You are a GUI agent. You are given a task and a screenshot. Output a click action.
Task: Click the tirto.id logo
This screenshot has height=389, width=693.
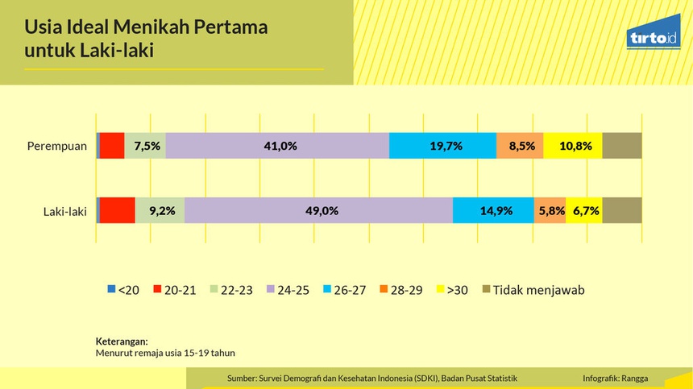[x=652, y=38]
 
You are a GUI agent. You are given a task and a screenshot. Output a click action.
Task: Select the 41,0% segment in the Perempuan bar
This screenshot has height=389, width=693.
[x=277, y=146]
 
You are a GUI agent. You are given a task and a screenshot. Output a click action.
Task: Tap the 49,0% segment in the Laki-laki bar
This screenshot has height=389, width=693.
[x=318, y=211]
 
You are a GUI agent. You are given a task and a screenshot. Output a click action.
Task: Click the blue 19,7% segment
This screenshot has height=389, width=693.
[x=442, y=146]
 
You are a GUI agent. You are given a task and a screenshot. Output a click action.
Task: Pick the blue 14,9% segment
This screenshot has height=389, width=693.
[x=493, y=211]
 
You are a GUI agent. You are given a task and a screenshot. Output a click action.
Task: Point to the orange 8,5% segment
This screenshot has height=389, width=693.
[x=520, y=146]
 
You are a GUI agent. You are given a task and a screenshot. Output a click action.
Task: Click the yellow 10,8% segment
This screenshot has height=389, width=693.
[x=572, y=146]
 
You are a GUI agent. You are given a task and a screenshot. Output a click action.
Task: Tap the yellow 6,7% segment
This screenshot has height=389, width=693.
[x=583, y=211]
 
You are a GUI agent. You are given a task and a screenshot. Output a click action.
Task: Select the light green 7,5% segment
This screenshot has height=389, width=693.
[x=145, y=146]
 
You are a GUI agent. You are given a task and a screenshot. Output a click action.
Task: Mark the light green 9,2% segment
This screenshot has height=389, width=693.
[x=160, y=211]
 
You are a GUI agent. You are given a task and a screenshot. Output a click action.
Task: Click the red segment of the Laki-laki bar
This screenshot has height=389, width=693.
[x=117, y=211]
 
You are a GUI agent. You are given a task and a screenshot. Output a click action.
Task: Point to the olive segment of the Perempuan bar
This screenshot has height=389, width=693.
[x=621, y=146]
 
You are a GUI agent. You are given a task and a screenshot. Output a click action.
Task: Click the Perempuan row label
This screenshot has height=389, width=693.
[x=56, y=146]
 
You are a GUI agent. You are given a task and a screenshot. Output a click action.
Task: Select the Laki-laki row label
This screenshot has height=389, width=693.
[x=64, y=212]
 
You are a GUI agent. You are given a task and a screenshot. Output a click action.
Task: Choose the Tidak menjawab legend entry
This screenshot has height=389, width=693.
[x=533, y=290]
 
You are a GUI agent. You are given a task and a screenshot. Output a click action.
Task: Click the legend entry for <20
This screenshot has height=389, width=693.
[x=123, y=290]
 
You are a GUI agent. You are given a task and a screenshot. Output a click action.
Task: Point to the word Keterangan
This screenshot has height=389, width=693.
[x=122, y=341]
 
